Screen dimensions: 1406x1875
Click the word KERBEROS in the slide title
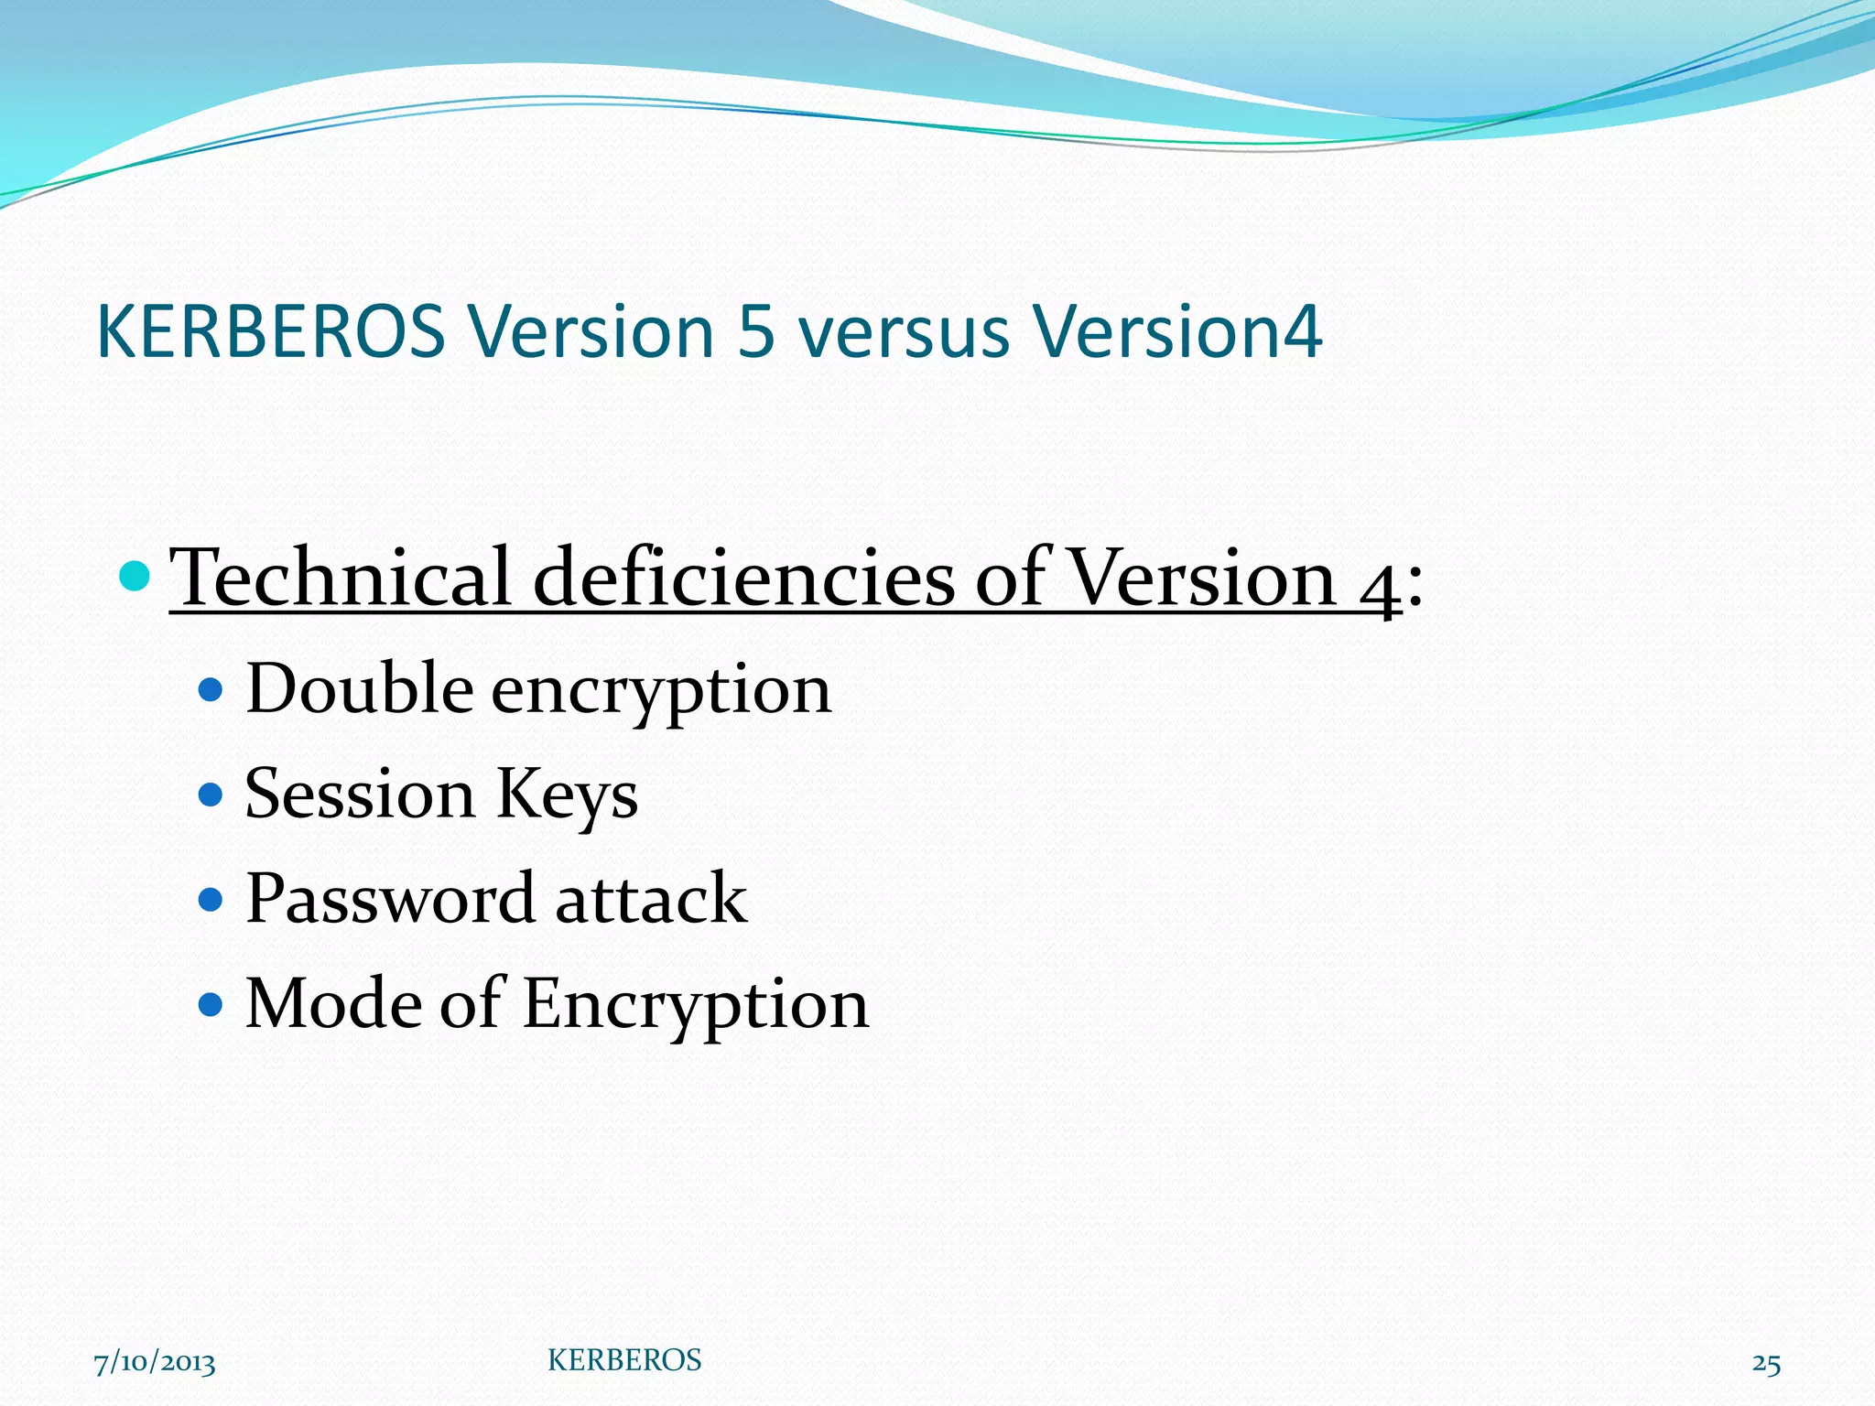click(270, 331)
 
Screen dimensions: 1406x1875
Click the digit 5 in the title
click(756, 331)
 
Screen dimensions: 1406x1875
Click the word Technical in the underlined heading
click(340, 578)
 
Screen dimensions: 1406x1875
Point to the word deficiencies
click(742, 578)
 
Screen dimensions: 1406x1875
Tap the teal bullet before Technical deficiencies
click(135, 576)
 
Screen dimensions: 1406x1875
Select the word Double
click(359, 688)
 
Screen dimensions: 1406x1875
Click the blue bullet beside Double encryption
click(211, 689)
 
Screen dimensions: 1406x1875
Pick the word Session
click(359, 794)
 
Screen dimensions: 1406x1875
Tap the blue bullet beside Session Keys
click(211, 795)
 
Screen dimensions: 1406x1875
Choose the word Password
click(390, 899)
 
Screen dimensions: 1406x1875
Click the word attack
click(651, 899)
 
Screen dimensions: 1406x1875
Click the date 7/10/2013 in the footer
click(155, 1363)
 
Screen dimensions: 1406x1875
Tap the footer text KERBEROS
click(624, 1360)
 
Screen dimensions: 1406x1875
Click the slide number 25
click(1766, 1363)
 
